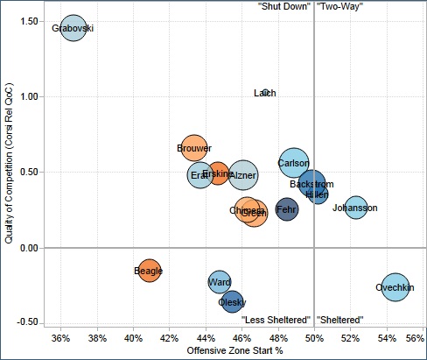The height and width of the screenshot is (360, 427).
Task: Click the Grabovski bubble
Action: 73,29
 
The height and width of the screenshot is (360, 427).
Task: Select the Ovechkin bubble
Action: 395,286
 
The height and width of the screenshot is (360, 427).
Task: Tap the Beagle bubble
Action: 149,271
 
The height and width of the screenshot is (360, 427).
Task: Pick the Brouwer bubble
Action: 194,149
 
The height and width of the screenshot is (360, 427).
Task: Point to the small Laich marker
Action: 265,92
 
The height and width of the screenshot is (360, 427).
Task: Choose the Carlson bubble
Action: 293,163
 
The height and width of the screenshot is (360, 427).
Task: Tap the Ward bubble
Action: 220,282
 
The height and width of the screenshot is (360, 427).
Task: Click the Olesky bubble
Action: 232,302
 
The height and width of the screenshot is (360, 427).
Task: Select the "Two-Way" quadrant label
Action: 339,6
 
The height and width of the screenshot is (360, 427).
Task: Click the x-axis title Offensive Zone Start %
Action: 234,350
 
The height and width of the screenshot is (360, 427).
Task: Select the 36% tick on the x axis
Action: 61,336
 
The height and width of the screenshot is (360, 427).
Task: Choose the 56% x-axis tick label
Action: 416,336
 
